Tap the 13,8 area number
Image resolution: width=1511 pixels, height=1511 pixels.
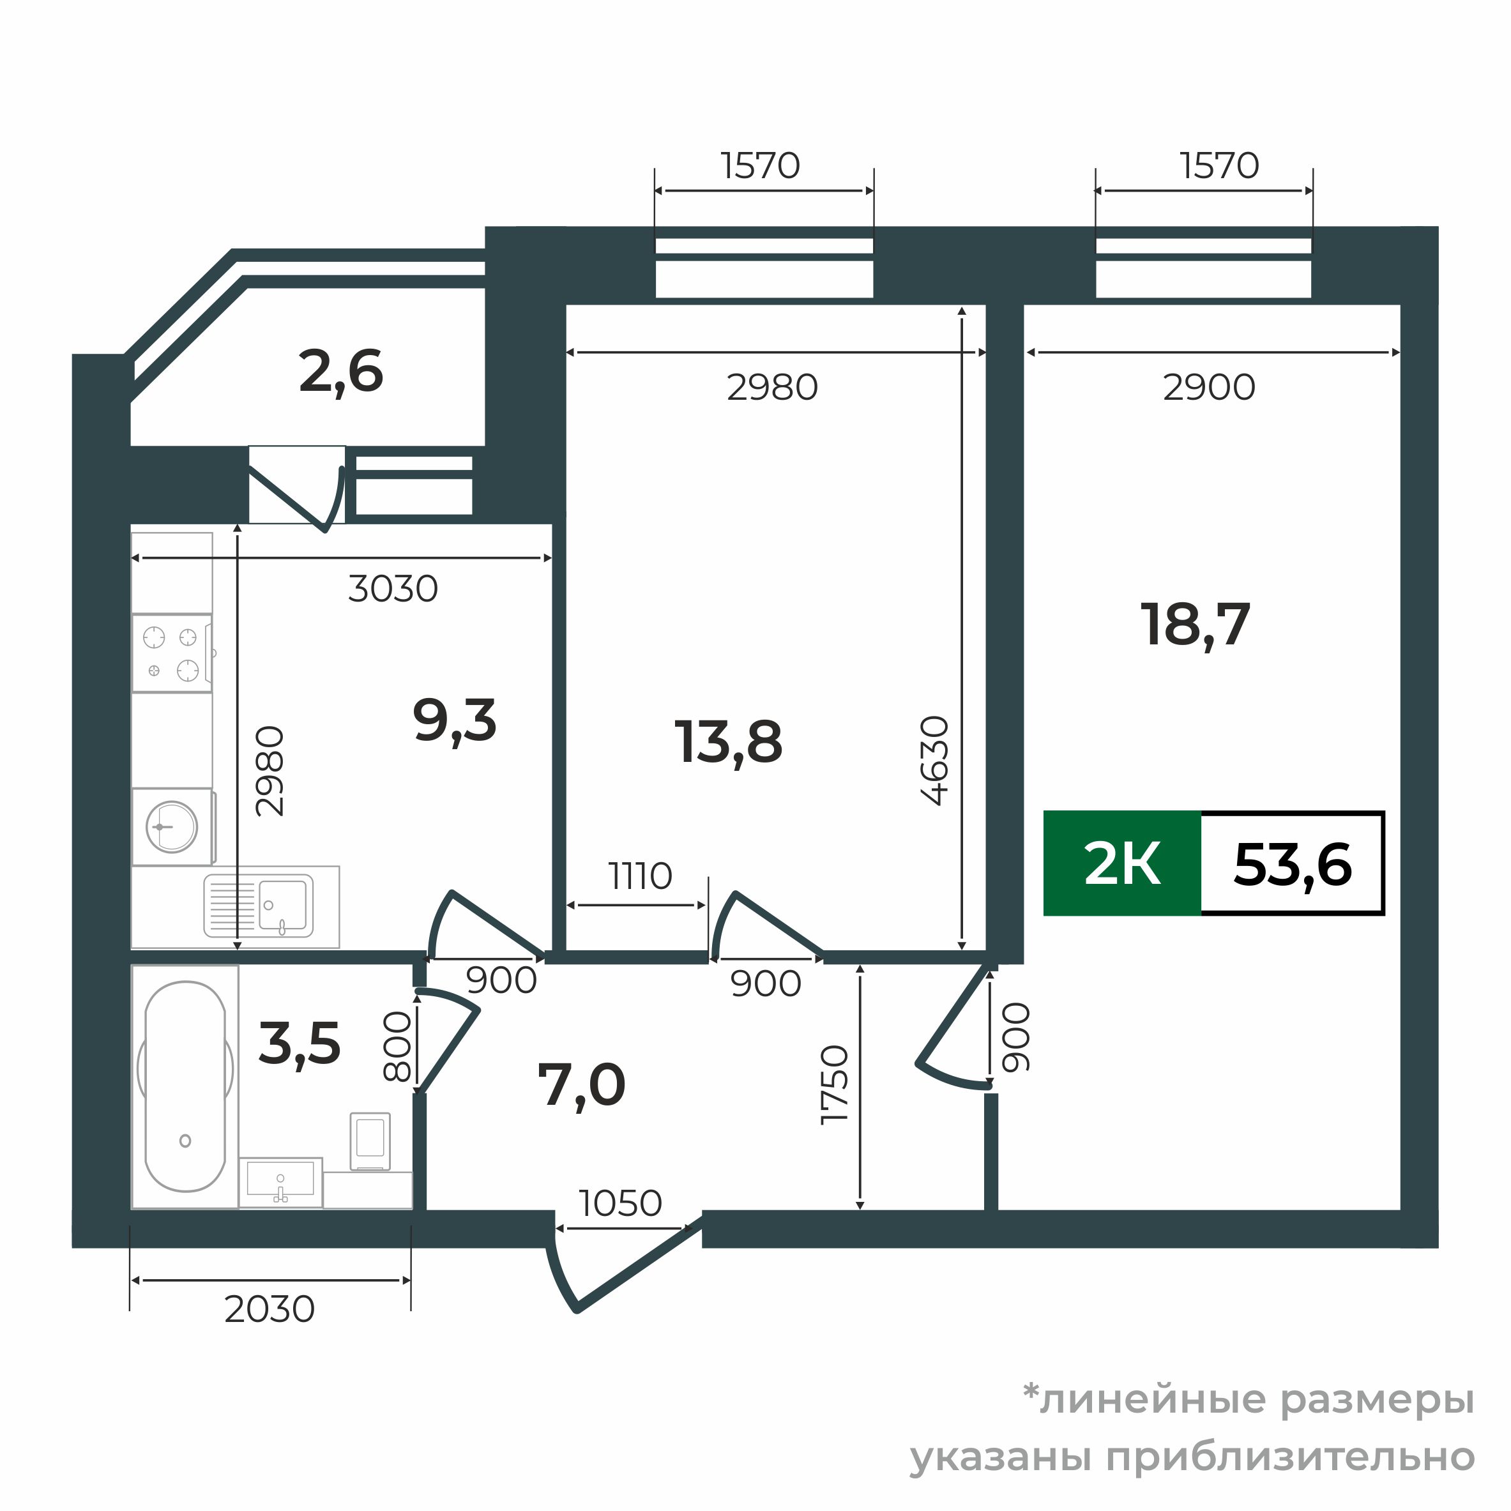pos(727,742)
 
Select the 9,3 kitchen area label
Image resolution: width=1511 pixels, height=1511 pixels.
pos(455,721)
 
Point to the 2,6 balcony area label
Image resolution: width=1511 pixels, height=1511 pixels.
pos(341,372)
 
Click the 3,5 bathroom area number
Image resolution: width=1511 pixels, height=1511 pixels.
pos(300,1044)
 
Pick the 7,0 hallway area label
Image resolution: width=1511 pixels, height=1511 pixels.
pos(581,1086)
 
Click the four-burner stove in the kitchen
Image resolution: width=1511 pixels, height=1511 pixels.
pos(171,653)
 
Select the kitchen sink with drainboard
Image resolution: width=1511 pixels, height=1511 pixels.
pos(259,906)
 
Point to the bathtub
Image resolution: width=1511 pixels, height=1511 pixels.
pos(185,1087)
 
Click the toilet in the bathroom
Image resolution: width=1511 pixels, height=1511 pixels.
pos(369,1141)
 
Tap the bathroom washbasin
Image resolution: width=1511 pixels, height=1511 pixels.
pos(280,1181)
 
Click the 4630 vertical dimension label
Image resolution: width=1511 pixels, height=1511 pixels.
pos(936,760)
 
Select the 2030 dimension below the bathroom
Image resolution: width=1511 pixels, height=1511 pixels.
pos(269,1309)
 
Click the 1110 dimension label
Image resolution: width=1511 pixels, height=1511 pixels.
pos(641,877)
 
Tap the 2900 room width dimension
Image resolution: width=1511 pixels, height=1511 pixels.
pos(1208,388)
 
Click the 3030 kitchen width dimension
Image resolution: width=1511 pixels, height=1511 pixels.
pos(393,589)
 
